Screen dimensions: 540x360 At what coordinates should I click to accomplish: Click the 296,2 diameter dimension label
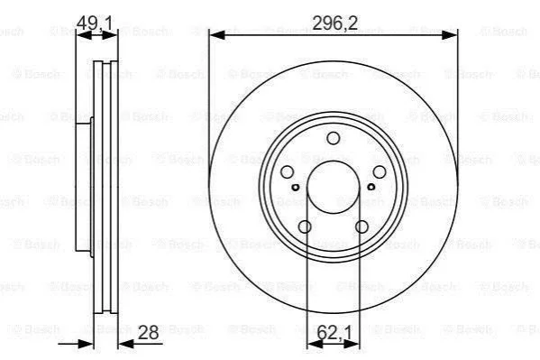[334, 23]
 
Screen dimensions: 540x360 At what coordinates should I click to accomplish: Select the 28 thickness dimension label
[148, 332]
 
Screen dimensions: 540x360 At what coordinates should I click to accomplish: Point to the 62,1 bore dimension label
[334, 333]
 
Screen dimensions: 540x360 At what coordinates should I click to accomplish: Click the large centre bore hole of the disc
[333, 187]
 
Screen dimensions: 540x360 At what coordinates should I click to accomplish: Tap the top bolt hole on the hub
[333, 138]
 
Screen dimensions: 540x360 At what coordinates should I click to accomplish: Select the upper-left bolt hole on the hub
[288, 171]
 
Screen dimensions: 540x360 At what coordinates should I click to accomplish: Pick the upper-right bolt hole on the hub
[380, 171]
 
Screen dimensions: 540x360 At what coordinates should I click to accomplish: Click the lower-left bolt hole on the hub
[305, 226]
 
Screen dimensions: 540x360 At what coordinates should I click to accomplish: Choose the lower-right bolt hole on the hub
[362, 226]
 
